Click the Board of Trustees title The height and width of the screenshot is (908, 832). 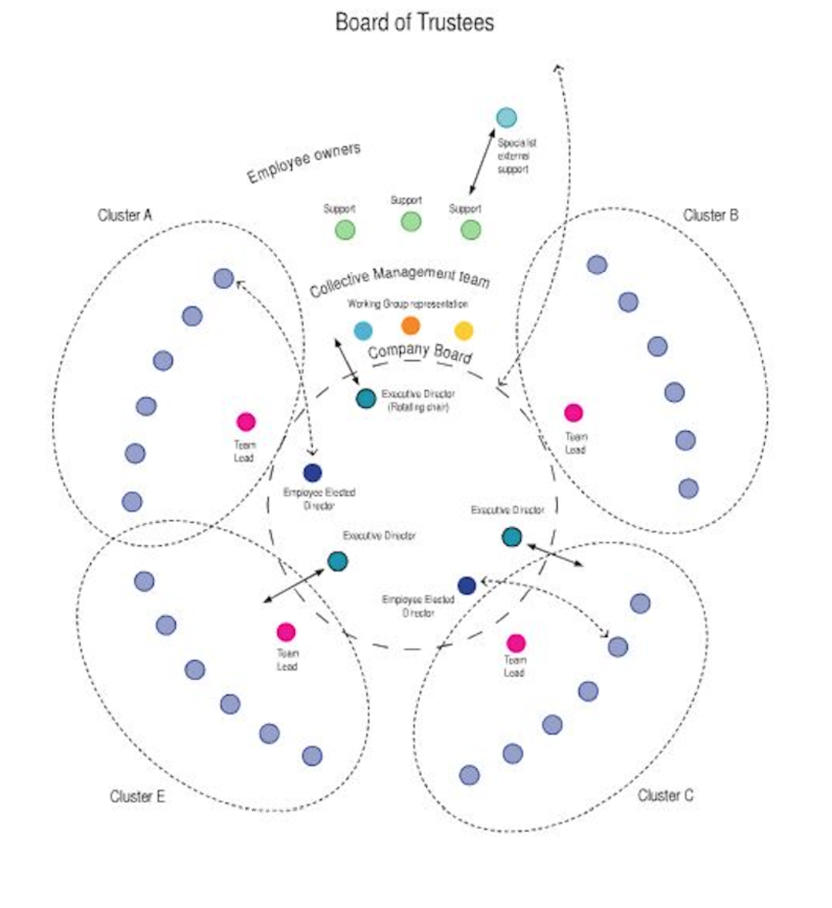[x=414, y=22]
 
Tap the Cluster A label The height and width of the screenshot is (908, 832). [x=125, y=215]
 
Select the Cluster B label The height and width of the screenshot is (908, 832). [x=710, y=215]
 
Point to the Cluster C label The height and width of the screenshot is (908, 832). [x=666, y=795]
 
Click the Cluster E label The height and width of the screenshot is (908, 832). [x=137, y=796]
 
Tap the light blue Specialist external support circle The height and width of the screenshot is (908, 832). [x=506, y=118]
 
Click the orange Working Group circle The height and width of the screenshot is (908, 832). [x=411, y=326]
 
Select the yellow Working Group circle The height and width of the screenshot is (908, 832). [x=463, y=330]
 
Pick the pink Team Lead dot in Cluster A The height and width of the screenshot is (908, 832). [x=246, y=421]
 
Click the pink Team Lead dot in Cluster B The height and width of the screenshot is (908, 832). [x=573, y=413]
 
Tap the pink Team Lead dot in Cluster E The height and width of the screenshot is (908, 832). [x=286, y=632]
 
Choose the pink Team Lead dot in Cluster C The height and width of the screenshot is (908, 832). [x=515, y=643]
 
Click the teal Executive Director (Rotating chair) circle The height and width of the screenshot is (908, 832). [x=366, y=398]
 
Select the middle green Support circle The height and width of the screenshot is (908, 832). [x=411, y=222]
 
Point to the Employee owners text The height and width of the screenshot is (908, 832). [x=304, y=163]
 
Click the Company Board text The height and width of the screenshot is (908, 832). [x=420, y=353]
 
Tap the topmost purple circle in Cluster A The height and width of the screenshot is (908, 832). [x=223, y=278]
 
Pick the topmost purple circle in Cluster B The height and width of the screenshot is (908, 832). [x=597, y=265]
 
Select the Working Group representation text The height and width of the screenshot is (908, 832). [x=408, y=304]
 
